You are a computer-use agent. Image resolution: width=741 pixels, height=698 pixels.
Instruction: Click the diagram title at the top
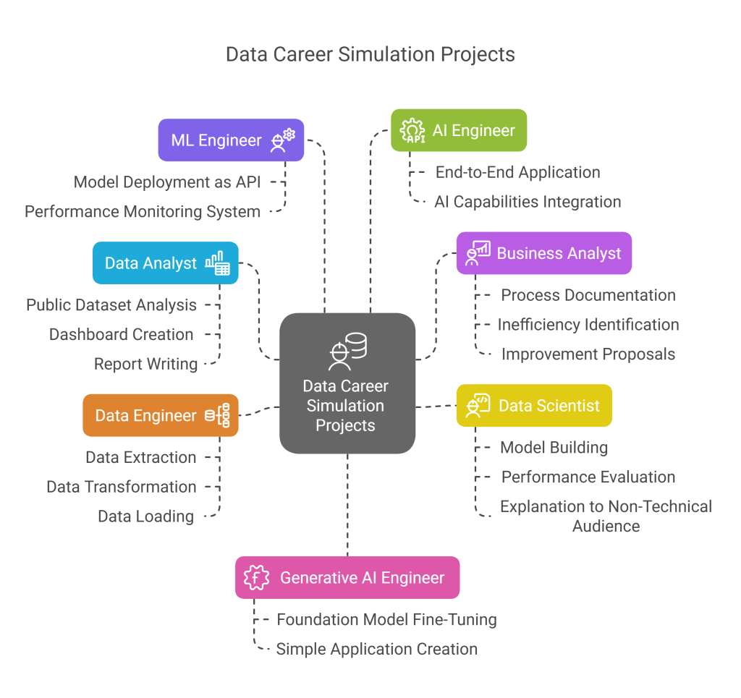[x=370, y=55]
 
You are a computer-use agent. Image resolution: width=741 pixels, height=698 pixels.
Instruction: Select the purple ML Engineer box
[x=231, y=140]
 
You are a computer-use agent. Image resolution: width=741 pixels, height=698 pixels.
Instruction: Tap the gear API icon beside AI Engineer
[x=412, y=131]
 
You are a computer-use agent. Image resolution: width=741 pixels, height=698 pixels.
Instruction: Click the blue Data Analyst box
[x=166, y=263]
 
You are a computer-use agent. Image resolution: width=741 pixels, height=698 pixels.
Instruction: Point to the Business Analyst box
[x=543, y=253]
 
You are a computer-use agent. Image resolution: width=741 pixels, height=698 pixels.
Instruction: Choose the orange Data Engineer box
[x=160, y=415]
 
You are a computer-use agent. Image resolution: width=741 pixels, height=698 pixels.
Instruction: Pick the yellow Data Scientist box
[x=534, y=405]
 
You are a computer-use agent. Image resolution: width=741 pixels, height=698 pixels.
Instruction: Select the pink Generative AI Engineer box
[x=347, y=577]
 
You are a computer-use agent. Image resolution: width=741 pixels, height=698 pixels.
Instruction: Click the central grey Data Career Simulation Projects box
[x=347, y=383]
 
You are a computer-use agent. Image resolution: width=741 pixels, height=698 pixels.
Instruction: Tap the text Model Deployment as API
[x=167, y=182]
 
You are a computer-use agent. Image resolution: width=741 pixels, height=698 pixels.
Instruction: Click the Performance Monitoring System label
[x=143, y=212]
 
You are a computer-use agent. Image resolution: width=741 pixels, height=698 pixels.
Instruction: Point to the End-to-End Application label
[x=517, y=172]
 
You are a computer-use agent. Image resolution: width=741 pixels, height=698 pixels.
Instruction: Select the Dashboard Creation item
[x=122, y=335]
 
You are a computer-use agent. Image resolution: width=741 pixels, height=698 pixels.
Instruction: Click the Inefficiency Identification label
[x=588, y=325]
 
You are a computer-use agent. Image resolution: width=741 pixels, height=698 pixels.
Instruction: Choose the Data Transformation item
[x=122, y=487]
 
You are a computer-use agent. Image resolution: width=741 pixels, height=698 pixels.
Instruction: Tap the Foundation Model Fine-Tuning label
[x=386, y=620]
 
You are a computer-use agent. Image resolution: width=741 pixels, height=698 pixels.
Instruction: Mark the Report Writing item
[x=146, y=364]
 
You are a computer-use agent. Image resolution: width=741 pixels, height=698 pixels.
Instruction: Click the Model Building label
[x=554, y=448]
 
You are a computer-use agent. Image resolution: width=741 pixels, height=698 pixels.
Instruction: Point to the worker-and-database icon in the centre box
[x=347, y=351]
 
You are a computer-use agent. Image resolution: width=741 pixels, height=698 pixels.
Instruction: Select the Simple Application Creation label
[x=376, y=649]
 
